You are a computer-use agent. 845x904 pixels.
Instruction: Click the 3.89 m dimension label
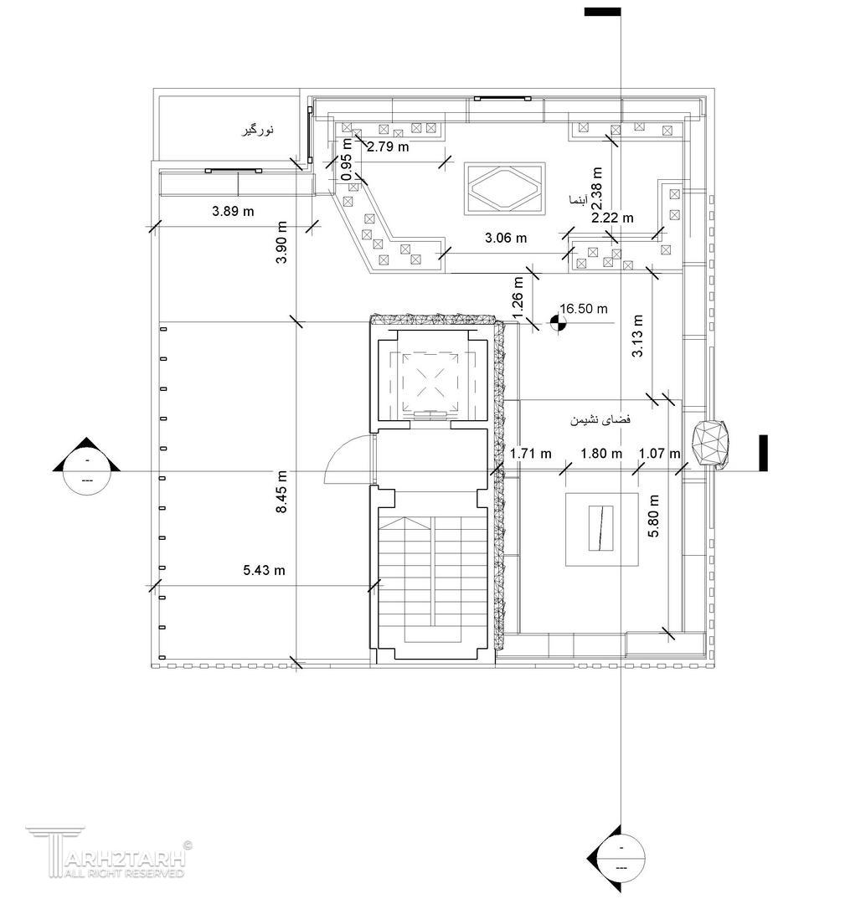tap(233, 211)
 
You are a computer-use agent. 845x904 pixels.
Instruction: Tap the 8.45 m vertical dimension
tap(281, 492)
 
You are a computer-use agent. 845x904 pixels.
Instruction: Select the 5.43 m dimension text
tap(264, 570)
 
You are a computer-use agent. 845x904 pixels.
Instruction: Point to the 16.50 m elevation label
tap(584, 308)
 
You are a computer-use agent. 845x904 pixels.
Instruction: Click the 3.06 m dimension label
tap(506, 238)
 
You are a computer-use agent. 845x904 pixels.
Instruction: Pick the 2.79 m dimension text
tap(389, 146)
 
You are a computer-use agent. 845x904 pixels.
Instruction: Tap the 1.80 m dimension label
tap(601, 454)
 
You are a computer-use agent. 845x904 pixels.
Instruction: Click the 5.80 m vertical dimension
tap(653, 516)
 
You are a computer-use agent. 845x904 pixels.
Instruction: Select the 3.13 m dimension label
tap(637, 336)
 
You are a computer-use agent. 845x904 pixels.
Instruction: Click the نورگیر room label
tap(258, 131)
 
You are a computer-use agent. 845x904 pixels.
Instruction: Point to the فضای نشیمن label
tap(600, 419)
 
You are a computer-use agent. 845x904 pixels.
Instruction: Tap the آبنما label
tap(578, 200)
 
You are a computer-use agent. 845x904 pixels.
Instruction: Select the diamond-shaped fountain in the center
tap(505, 188)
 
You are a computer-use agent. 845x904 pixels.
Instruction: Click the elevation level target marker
tap(558, 324)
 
